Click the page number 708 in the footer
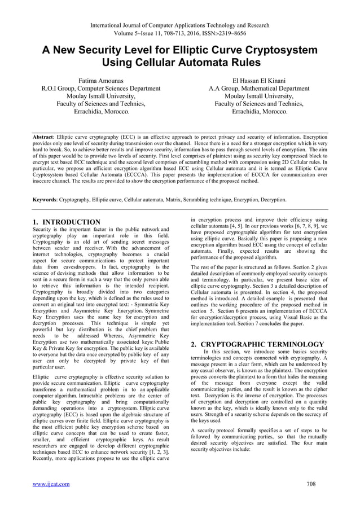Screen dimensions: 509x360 pos(310,484)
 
